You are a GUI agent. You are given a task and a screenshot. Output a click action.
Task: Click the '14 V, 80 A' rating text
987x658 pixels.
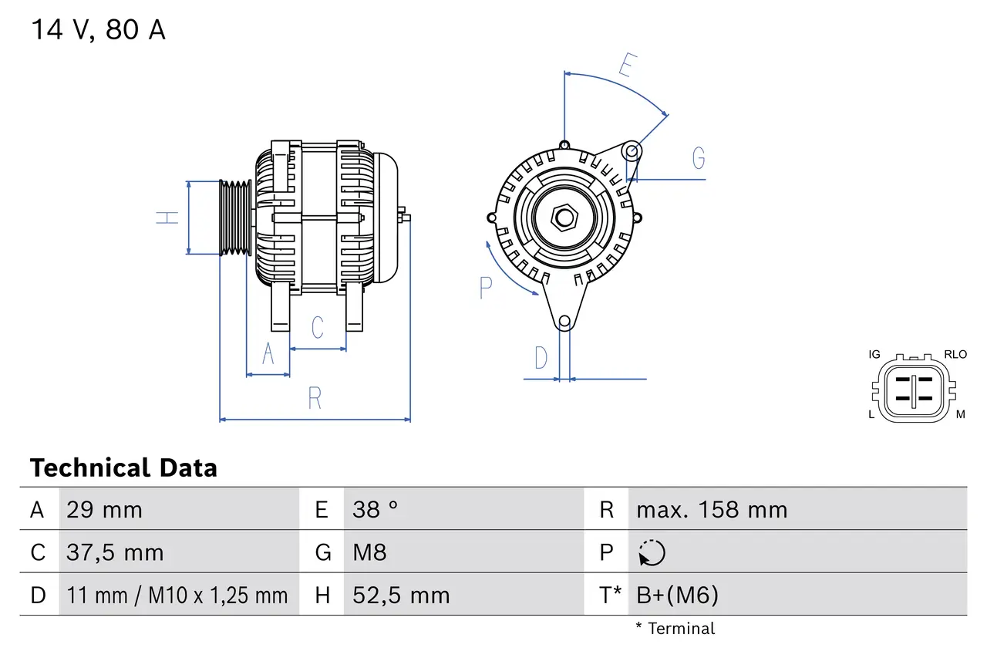tap(98, 30)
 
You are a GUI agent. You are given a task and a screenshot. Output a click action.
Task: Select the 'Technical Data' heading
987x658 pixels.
tap(123, 468)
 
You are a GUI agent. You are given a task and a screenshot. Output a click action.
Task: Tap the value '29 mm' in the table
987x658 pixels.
tap(104, 510)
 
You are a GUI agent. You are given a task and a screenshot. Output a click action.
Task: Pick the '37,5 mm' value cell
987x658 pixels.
tap(115, 552)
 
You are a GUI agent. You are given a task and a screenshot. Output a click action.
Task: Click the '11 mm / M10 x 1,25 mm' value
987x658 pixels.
tap(177, 595)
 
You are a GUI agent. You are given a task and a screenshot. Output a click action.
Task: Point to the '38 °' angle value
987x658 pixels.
tap(376, 510)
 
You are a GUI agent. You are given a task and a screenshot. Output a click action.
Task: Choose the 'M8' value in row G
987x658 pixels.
tap(369, 552)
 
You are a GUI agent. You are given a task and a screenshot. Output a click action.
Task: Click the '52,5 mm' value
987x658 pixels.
tap(401, 595)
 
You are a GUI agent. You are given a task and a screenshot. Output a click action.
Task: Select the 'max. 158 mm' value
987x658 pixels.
tap(712, 510)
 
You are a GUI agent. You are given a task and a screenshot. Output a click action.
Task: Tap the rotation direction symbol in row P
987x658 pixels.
tap(652, 553)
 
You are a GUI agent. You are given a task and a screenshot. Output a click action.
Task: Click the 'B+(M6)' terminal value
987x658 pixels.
tap(677, 595)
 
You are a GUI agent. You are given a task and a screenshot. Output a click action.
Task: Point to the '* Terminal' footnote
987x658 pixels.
tap(675, 629)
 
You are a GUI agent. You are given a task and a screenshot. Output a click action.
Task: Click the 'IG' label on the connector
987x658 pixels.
tap(874, 355)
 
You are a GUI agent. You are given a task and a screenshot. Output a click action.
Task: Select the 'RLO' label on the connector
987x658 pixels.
tap(955, 355)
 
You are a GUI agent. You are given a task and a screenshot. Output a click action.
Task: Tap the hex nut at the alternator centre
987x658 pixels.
tap(564, 218)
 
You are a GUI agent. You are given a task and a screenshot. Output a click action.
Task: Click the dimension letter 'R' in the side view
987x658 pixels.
tap(315, 399)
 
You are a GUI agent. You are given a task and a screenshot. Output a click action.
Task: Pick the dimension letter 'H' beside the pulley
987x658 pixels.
tap(167, 218)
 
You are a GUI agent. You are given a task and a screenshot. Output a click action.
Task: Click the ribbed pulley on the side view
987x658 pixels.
tap(236, 218)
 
